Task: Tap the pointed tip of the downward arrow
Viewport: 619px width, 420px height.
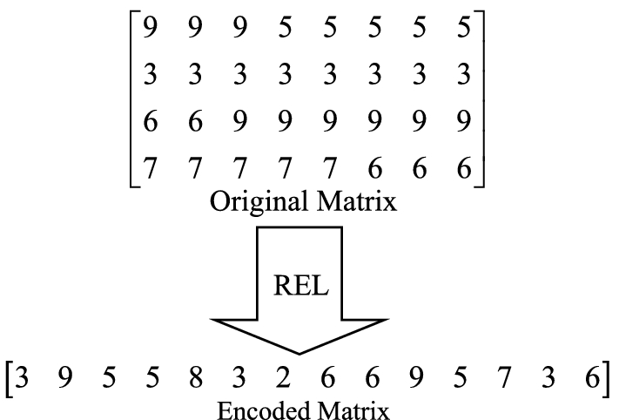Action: pyautogui.click(x=299, y=353)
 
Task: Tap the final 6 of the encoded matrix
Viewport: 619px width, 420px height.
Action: pyautogui.click(x=592, y=380)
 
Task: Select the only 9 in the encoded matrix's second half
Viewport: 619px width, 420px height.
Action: pyautogui.click(x=415, y=380)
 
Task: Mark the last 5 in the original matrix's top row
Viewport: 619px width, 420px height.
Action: pyautogui.click(x=463, y=30)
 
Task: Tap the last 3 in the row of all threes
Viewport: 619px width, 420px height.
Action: pyautogui.click(x=463, y=75)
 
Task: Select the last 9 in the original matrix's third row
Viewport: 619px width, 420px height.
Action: pyautogui.click(x=463, y=121)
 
